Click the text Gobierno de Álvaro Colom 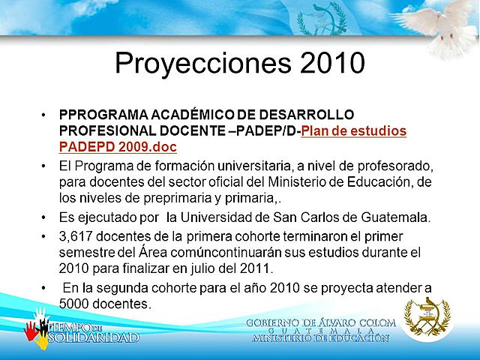click(320, 322)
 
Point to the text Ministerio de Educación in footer click(320, 337)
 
